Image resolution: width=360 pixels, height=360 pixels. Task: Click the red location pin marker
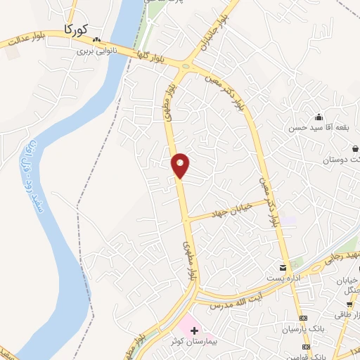click(181, 165)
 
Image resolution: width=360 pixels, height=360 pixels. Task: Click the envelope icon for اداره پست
click(283, 269)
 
